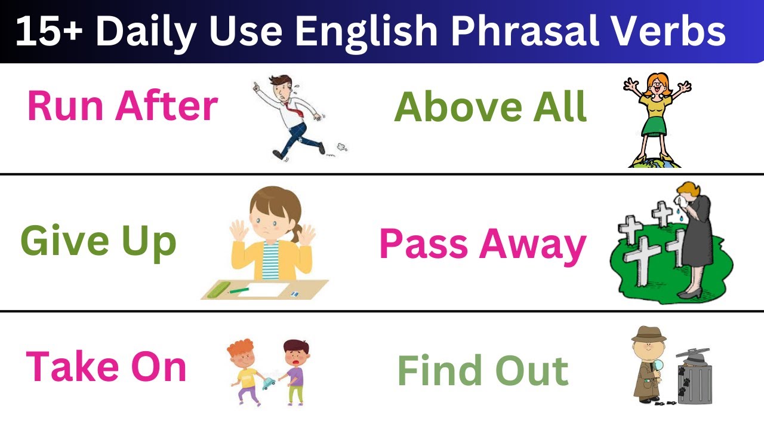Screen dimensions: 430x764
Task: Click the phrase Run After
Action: (122, 107)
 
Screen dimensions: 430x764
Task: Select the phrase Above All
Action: (491, 107)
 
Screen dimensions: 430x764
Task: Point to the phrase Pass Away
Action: (483, 244)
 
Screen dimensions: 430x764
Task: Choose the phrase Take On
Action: (106, 367)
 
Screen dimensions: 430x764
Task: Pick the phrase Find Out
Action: (483, 370)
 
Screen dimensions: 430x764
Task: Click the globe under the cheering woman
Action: (655, 162)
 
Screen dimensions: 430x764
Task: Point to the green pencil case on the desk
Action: (217, 292)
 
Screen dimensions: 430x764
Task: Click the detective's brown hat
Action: (648, 333)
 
